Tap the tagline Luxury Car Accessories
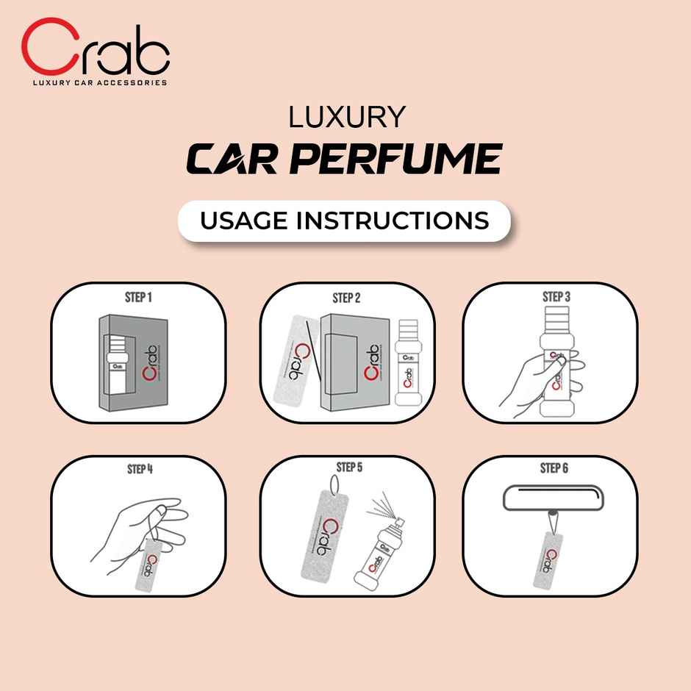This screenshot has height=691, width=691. click(x=99, y=82)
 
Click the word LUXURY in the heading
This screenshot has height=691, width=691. click(x=346, y=118)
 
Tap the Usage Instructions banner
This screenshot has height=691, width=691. click(x=345, y=221)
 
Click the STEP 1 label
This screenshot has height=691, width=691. click(x=138, y=298)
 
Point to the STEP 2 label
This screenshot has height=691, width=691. click(x=346, y=298)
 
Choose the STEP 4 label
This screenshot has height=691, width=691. click(x=138, y=468)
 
